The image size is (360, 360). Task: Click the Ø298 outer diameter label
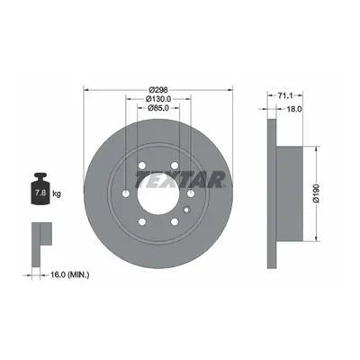point(158,89)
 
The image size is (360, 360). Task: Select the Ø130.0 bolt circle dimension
point(158,98)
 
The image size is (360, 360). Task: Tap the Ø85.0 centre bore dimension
point(158,107)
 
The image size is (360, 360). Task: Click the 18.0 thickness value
point(294,109)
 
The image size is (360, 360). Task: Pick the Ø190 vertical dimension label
point(316,193)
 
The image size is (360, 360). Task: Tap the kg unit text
point(57,193)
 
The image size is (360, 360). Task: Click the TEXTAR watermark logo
point(181,179)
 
